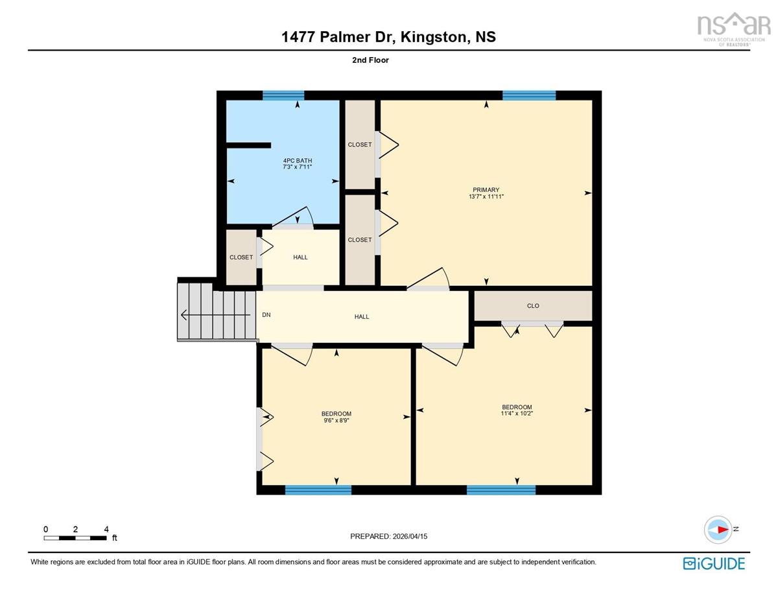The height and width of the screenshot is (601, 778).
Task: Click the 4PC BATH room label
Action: click(297, 161)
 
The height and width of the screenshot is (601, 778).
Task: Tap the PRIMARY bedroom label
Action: click(486, 190)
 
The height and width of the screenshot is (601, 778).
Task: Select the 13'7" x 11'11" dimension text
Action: click(486, 196)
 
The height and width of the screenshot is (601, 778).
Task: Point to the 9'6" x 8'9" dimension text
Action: click(336, 420)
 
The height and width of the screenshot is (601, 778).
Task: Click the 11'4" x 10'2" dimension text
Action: click(517, 414)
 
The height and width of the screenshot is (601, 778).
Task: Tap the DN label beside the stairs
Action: click(266, 315)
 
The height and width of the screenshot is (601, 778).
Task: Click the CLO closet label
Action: click(533, 306)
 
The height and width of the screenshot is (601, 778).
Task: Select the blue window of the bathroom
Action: click(283, 95)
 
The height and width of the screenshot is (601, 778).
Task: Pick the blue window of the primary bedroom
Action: click(529, 95)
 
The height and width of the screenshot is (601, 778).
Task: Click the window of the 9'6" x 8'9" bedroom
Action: click(318, 489)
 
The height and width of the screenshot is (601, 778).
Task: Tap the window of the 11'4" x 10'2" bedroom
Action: click(501, 489)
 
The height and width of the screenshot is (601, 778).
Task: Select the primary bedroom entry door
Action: click(428, 279)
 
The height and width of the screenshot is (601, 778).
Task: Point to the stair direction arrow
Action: click(215, 315)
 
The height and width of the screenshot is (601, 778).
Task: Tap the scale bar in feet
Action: click(75, 537)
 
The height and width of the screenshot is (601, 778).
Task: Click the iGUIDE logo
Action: click(714, 563)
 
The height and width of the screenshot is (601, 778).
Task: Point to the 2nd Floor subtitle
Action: click(370, 60)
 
